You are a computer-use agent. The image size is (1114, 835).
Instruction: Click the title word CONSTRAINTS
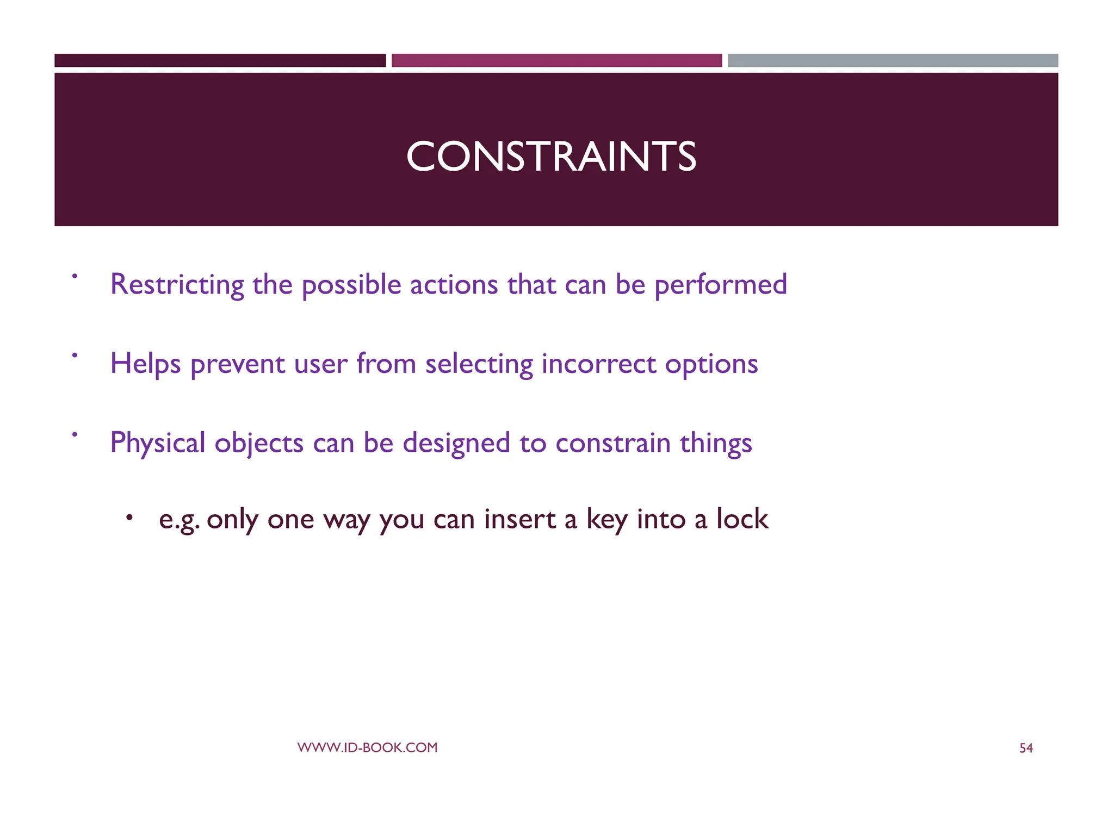click(x=550, y=157)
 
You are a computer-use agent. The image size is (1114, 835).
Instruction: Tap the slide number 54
click(x=1025, y=749)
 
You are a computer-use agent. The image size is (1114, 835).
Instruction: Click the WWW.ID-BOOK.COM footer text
click(x=367, y=747)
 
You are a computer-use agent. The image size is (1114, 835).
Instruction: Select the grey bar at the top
click(x=893, y=60)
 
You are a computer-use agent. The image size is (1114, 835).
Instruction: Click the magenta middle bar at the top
click(x=556, y=60)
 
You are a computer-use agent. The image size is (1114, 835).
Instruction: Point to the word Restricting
click(x=177, y=284)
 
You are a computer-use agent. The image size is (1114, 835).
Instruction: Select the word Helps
click(x=145, y=364)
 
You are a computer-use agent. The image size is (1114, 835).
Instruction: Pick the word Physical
click(x=157, y=443)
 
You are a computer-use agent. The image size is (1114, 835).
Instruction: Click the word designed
click(x=456, y=443)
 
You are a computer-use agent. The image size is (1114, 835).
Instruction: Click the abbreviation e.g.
click(x=179, y=520)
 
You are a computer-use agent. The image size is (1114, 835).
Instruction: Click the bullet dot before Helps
click(x=75, y=355)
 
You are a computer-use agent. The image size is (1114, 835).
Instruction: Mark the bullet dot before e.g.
click(x=129, y=518)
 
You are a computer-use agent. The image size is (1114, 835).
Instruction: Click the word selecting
click(x=479, y=364)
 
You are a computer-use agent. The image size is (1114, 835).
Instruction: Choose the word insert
click(x=519, y=519)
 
